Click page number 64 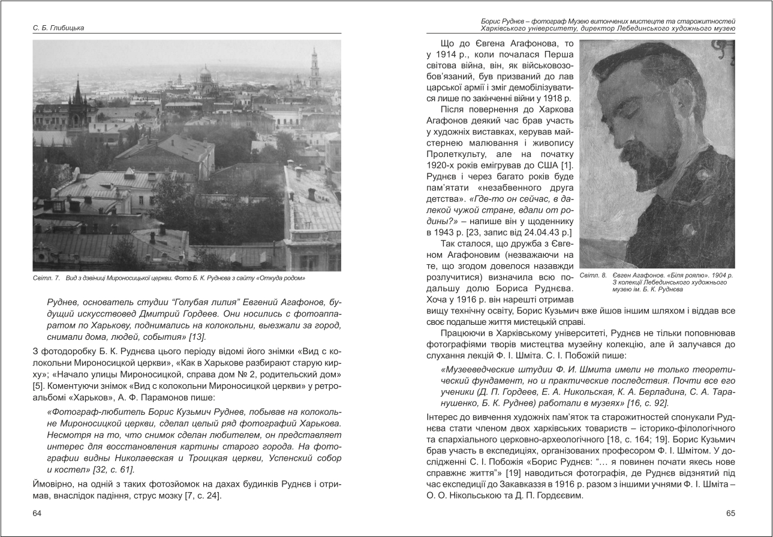pyautogui.click(x=37, y=513)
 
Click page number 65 pyautogui.click(x=730, y=513)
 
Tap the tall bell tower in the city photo pyautogui.click(x=315, y=69)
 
